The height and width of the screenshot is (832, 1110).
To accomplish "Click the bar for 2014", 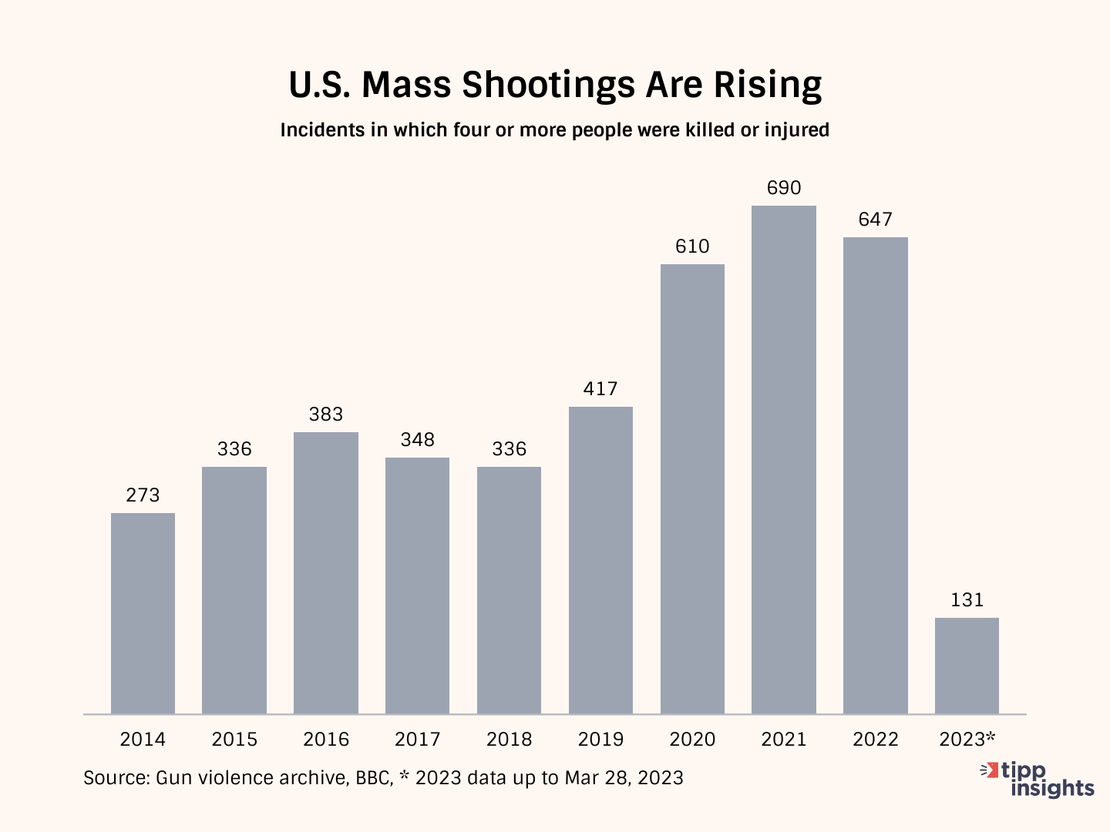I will tap(143, 613).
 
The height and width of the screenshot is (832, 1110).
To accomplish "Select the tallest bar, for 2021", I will tap(784, 460).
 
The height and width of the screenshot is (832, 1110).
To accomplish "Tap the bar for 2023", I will tap(967, 666).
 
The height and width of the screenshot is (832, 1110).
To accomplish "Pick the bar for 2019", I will tap(600, 560).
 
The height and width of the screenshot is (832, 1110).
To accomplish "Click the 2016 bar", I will tap(326, 573).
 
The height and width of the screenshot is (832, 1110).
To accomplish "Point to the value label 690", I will tap(784, 188).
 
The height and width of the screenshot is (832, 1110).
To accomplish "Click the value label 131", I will tap(967, 600).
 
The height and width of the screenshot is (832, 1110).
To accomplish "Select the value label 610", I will tap(692, 247).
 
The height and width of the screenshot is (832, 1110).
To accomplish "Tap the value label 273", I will tap(143, 495).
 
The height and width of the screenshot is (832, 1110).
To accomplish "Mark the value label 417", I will tap(600, 389).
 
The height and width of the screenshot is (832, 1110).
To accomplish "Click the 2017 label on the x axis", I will tap(417, 740).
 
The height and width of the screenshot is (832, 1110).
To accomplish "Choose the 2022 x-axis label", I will tap(876, 740).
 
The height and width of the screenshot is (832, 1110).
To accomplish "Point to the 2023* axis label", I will tap(967, 740).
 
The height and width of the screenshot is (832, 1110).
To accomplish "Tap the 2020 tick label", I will tap(692, 740).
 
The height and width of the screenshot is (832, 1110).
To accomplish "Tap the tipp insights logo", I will tap(1041, 779).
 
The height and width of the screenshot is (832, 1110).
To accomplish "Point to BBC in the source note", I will tap(373, 778).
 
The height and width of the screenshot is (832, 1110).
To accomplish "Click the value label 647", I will tap(876, 220).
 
